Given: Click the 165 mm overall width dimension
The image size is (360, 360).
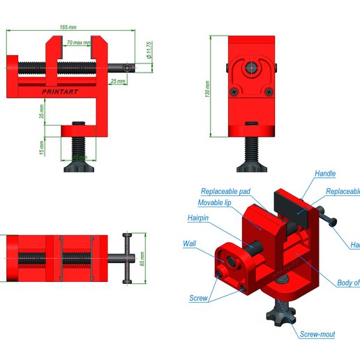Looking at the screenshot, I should pyautogui.click(x=68, y=27).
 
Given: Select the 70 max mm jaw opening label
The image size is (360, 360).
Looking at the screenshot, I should pyautogui.click(x=78, y=43).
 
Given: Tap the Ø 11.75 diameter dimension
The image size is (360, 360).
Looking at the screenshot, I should pyautogui.click(x=149, y=52).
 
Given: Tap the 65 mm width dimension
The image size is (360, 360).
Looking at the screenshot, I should pyautogui.click(x=142, y=258).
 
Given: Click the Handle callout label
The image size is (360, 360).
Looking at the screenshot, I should pyautogui.click(x=325, y=174).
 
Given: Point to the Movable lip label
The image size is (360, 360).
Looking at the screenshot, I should pyautogui.click(x=214, y=203).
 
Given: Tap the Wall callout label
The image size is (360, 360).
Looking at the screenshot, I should pyautogui.click(x=190, y=243).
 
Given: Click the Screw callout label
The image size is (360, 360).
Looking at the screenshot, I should pyautogui.click(x=199, y=298).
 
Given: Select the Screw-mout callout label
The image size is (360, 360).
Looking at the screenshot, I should pyautogui.click(x=317, y=334).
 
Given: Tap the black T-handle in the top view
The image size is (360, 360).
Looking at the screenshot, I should pyautogui.click(x=127, y=258).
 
